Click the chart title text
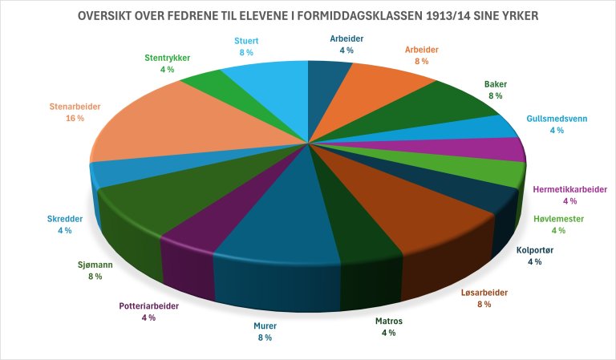(307, 17)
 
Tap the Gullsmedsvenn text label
(557, 119)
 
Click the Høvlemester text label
(558, 219)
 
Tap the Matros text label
(389, 321)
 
